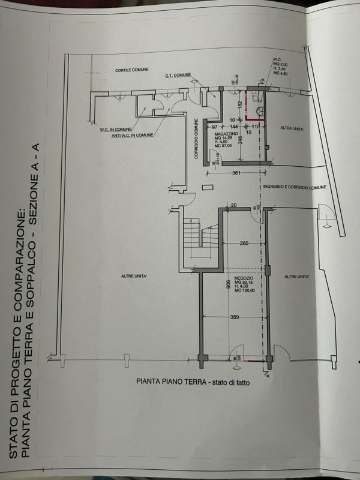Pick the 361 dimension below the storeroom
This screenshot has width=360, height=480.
click(x=236, y=174)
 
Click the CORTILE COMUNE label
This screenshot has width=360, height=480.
click(x=131, y=70)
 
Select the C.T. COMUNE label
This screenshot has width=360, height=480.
click(x=178, y=76)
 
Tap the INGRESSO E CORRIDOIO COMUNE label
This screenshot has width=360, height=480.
click(x=294, y=187)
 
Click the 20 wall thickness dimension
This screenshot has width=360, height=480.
click(x=233, y=206)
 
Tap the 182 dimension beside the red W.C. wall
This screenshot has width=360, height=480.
click(x=239, y=105)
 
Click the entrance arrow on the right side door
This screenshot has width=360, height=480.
click(x=328, y=227)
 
